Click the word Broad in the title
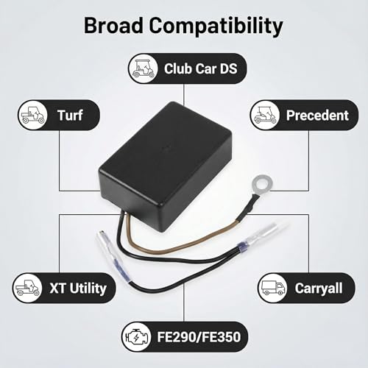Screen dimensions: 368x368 click(x=113, y=25)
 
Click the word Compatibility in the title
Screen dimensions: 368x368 click(x=216, y=26)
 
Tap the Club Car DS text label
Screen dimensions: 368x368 click(x=201, y=68)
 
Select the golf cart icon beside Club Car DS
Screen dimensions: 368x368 click(x=144, y=68)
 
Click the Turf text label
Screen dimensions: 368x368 click(x=70, y=115)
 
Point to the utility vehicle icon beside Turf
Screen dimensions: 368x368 click(x=33, y=115)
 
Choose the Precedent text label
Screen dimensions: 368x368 click(x=317, y=115)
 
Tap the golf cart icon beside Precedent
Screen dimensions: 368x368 click(x=265, y=115)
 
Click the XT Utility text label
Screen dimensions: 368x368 click(x=78, y=289)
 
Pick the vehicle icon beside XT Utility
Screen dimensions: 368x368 click(x=27, y=288)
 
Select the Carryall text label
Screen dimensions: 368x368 click(x=319, y=289)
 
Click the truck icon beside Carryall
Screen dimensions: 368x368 click(x=272, y=288)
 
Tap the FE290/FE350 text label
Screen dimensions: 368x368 click(x=199, y=337)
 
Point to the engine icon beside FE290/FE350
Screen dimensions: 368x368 click(x=137, y=337)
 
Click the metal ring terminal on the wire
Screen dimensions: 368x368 click(x=262, y=183)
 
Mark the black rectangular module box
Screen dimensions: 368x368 click(x=166, y=159)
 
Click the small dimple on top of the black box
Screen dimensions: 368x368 click(x=166, y=148)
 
